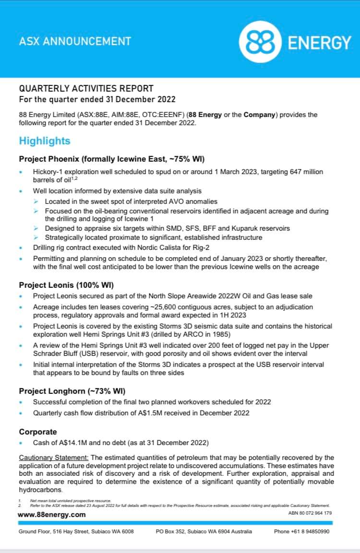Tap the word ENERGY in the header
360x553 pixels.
tap(320, 43)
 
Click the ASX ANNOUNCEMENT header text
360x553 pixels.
tap(75, 41)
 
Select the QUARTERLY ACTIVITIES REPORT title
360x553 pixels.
tap(86, 89)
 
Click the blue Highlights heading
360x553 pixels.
tap(45, 141)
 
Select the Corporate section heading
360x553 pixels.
tap(38, 432)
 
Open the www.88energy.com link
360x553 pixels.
tap(52, 515)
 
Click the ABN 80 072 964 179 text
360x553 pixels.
tap(309, 513)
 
